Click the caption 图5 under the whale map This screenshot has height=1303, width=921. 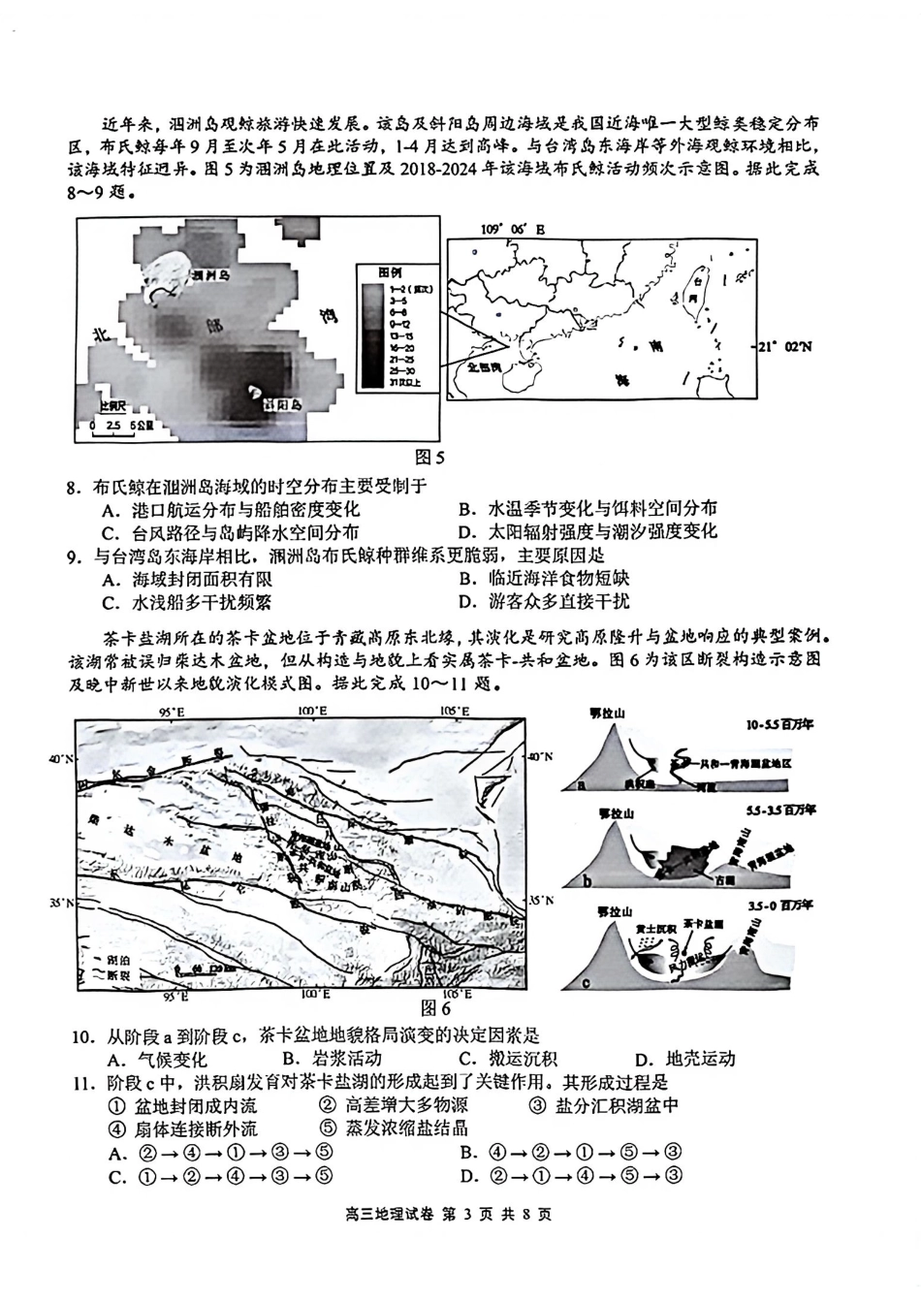point(429,458)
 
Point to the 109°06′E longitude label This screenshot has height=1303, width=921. point(513,230)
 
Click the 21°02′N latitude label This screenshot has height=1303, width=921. point(785,346)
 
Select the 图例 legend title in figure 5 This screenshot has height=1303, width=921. point(390,270)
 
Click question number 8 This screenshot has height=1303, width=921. point(74,486)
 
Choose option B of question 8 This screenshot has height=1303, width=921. point(588,509)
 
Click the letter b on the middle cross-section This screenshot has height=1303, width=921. point(588,881)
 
